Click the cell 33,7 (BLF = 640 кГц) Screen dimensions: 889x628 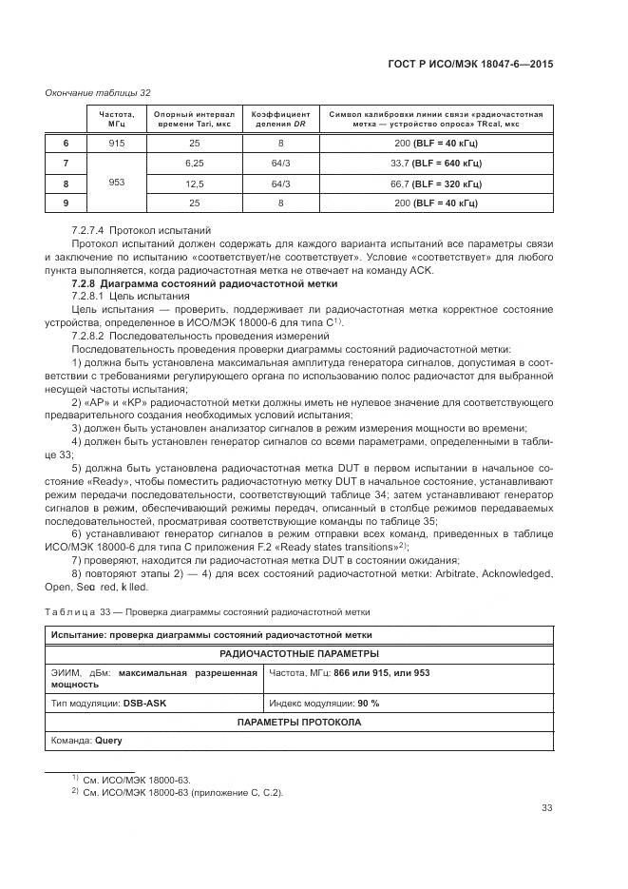pos(435,163)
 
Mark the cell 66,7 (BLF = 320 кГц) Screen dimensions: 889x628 pos(435,183)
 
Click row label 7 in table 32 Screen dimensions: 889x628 pos(66,163)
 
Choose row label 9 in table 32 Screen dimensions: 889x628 pos(66,203)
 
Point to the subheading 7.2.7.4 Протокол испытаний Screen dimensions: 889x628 pos(142,231)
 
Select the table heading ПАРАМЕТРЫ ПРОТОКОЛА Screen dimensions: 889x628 pos(299,722)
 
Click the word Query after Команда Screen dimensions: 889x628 pos(108,740)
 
